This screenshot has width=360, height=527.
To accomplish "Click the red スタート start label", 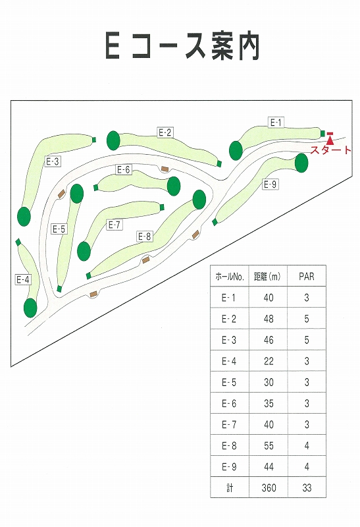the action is tap(331, 150).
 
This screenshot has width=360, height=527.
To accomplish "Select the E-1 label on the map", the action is tap(276, 123).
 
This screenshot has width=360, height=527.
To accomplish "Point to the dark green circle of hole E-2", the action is tap(113, 140).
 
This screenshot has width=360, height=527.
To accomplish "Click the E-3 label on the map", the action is tap(53, 161).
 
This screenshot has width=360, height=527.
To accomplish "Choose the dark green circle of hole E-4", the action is tap(30, 308).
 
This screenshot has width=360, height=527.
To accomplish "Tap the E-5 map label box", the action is tap(59, 229).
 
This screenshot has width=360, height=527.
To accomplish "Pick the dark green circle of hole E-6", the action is tap(174, 186).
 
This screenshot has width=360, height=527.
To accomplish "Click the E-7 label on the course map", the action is tap(115, 225).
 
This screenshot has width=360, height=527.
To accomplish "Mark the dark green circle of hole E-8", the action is tap(199, 200).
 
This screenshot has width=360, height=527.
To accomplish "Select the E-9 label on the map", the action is tap(270, 184).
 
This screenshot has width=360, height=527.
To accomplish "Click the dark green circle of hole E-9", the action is tap(301, 163).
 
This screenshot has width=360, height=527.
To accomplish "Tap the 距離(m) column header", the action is tap(268, 277).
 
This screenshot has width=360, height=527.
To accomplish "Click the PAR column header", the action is tap(307, 277).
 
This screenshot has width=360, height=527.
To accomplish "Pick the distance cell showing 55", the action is tap(269, 446).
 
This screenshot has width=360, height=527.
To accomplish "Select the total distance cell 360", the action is tap(269, 488).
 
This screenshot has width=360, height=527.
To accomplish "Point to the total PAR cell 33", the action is tap(307, 488).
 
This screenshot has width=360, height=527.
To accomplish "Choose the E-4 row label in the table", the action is tap(229, 361).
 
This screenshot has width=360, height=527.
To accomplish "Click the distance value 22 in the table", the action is tap(269, 361).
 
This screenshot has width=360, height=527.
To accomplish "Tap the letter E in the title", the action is tap(113, 45).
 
